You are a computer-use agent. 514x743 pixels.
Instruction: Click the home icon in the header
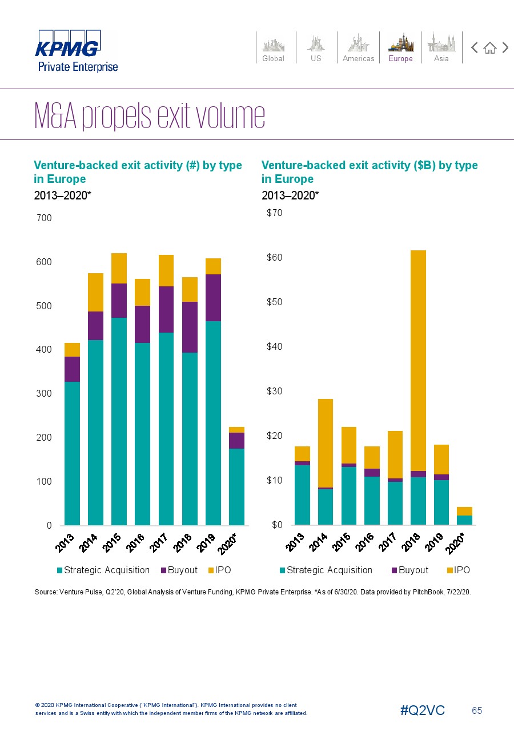pyautogui.click(x=489, y=48)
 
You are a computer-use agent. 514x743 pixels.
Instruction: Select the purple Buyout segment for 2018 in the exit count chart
pyautogui.click(x=190, y=327)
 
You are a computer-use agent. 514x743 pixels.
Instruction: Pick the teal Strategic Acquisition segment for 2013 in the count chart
pyautogui.click(x=72, y=453)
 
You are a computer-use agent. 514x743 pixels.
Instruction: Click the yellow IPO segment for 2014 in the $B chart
pyautogui.click(x=326, y=443)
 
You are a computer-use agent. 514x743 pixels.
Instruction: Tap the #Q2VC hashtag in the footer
pyautogui.click(x=423, y=710)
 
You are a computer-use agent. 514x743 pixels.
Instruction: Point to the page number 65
pyautogui.click(x=477, y=710)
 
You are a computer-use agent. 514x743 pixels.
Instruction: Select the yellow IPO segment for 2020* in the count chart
pyautogui.click(x=236, y=430)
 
